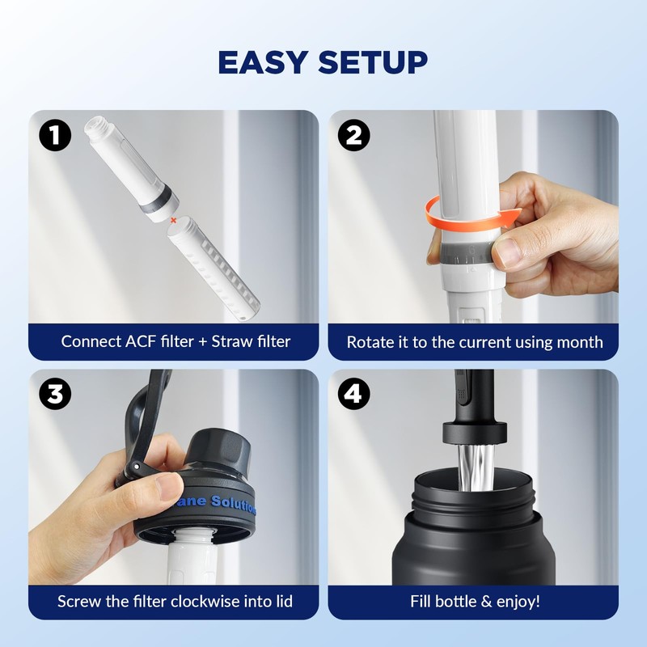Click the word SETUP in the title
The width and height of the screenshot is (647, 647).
point(373,62)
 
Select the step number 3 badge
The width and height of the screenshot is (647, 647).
point(55,395)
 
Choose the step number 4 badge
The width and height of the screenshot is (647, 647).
point(353,395)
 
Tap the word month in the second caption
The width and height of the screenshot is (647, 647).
point(580,342)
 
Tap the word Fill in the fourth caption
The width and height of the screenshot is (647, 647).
point(425,601)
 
